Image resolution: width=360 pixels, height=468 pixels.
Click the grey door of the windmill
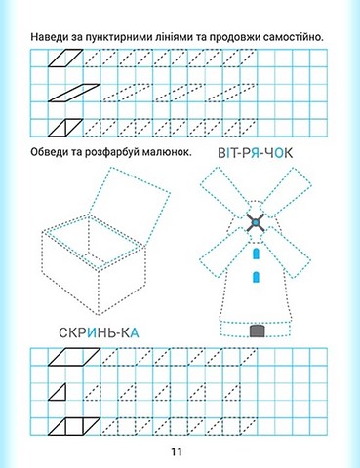pos(258,331)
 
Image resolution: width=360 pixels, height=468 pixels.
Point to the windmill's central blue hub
pos(256,223)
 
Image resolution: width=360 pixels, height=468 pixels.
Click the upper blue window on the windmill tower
pos(257,253)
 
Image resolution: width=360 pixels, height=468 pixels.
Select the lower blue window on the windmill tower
pos(257,277)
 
